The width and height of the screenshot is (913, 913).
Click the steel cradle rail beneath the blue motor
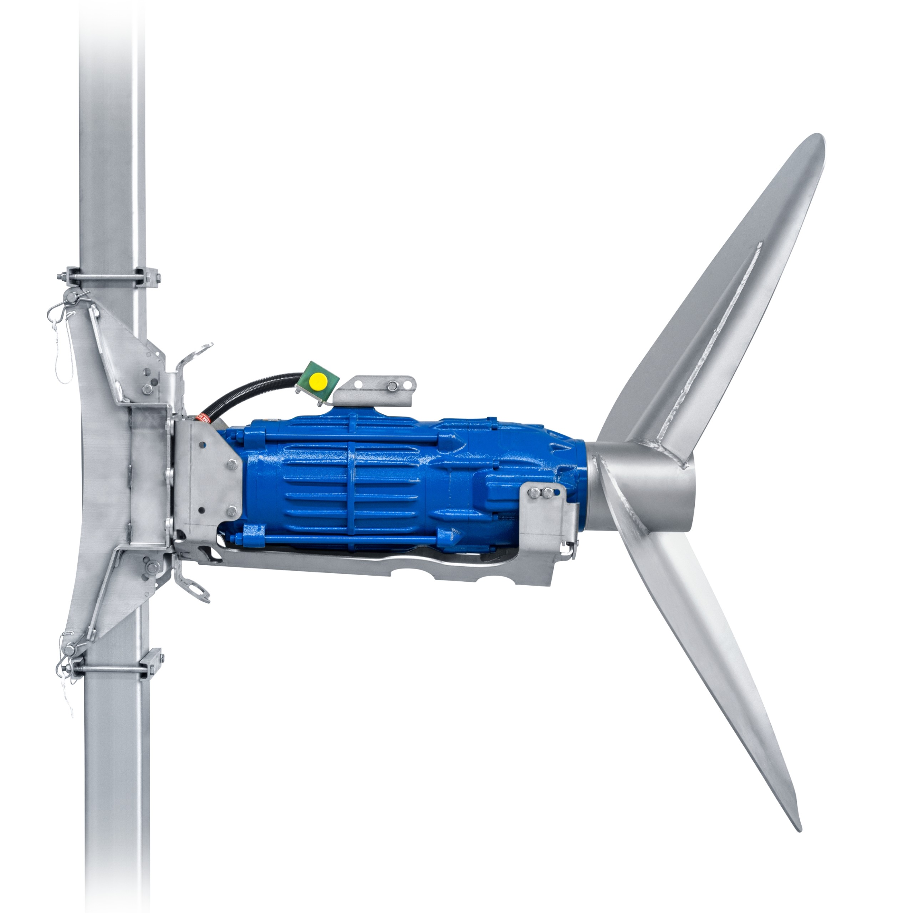tap(378, 565)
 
